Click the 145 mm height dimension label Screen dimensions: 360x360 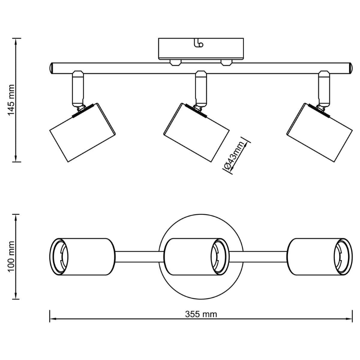coord(11,100)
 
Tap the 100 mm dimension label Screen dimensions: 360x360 coord(11,257)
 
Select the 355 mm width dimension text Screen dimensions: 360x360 coord(201,314)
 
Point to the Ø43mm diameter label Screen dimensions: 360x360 coord(234,156)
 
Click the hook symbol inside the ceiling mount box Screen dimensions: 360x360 coord(199,43)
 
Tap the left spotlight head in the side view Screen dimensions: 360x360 coord(82,132)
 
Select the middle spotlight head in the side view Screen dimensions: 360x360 coord(196,132)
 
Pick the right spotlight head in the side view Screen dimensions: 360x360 coord(319,132)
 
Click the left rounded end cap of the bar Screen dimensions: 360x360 coord(51,68)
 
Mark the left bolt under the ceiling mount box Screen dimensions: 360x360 coord(176,63)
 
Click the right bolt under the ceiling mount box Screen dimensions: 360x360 coord(226,63)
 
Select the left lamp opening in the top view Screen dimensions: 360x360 coord(59,257)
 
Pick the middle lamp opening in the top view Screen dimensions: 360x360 coord(220,257)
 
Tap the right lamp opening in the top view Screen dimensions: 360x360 coord(343,257)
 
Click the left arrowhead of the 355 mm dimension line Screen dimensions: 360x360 coord(53,319)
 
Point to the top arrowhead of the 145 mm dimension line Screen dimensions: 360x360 coord(15,41)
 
